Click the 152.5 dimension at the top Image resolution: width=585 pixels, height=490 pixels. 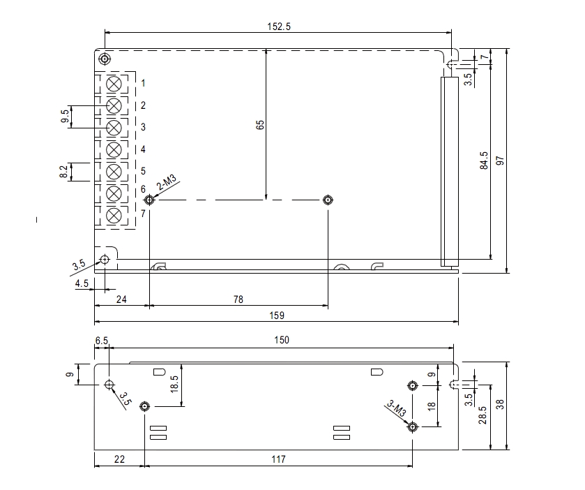coord(278,27)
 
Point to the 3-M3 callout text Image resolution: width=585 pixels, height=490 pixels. coord(397,409)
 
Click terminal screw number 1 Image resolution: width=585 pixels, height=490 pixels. coord(114,84)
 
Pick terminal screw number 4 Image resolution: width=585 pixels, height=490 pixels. coord(114,149)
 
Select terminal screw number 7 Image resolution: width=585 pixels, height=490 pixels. coord(114,214)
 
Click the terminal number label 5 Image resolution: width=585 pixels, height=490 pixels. coord(142,171)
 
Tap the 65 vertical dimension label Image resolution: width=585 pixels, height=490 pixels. coord(260,125)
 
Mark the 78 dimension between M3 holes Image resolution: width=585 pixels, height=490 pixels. coord(238,299)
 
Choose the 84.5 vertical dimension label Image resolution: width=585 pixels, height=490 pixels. coord(484,161)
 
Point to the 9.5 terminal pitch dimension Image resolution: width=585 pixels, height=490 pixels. coord(66,117)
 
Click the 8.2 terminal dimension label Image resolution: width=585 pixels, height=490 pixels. coord(64,172)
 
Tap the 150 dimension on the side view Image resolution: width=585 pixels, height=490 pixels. coord(282,340)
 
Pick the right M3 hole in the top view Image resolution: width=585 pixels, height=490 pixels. coord(328,200)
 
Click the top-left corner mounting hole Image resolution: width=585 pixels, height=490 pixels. coord(105,58)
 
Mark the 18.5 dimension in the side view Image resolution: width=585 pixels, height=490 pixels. coord(174,384)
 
